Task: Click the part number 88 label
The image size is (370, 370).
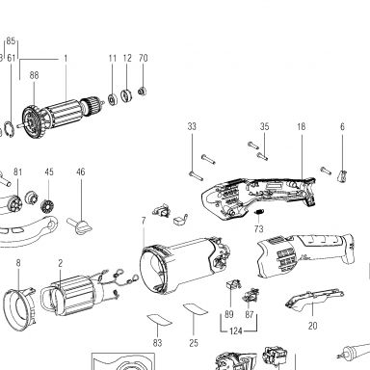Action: pos(34,75)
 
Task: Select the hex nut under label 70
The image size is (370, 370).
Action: pos(142,92)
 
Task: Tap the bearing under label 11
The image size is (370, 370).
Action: pos(113,98)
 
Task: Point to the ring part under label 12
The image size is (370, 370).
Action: pos(125,95)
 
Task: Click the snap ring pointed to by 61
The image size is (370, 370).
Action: pos(10,127)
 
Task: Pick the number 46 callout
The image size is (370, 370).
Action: pos(81,172)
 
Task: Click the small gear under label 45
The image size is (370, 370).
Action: pos(48,206)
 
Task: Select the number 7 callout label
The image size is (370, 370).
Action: pos(144,221)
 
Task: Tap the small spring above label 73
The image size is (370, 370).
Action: pos(259,212)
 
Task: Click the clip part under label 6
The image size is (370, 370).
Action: pos(343,176)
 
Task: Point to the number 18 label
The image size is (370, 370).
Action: pos(302,127)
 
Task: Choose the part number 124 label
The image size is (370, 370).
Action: pos(236,330)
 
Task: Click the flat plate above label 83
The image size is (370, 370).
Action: pos(159,320)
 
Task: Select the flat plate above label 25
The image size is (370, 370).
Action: pos(196,309)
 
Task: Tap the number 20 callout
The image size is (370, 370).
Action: pos(313,326)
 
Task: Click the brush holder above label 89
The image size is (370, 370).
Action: pos(234,284)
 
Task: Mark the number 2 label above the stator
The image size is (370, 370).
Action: pos(61,263)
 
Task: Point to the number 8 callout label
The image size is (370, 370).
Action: pos(18,263)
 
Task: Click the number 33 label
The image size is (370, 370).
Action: pos(192,126)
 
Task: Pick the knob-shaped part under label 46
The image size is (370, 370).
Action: pos(80,226)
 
